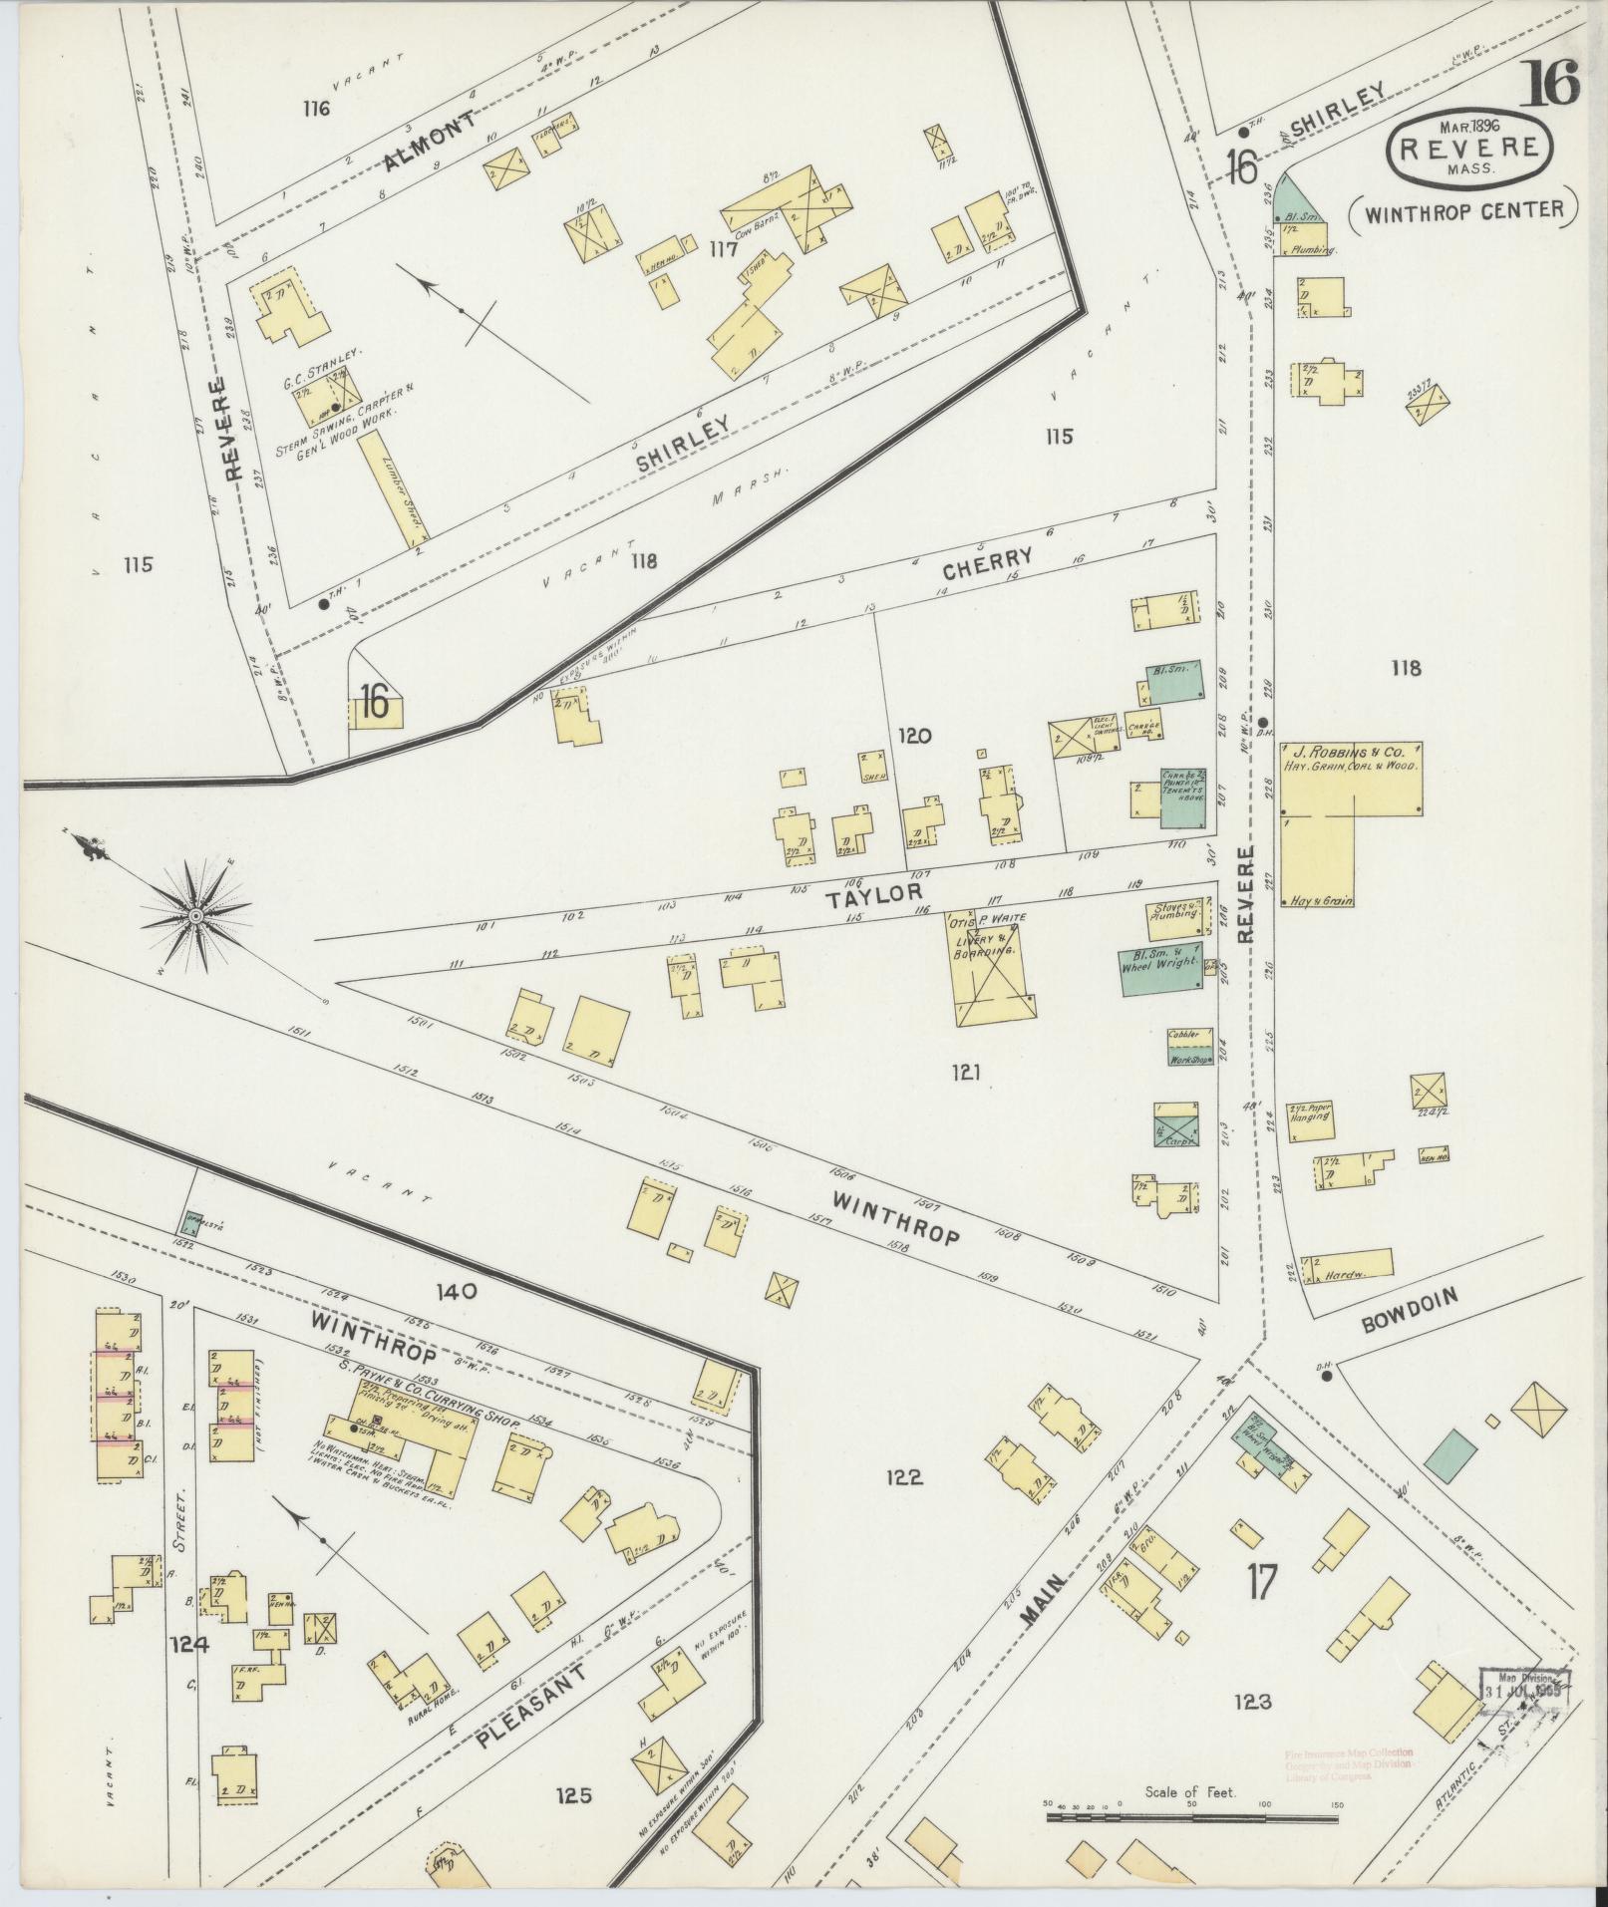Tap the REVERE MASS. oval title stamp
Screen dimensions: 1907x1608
1469,148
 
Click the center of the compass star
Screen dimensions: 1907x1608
196,914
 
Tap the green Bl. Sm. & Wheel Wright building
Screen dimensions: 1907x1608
1161,968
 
